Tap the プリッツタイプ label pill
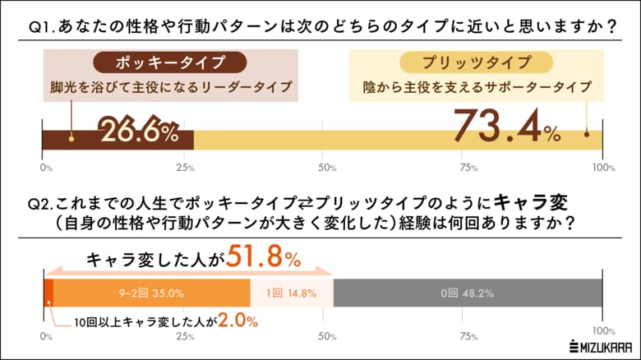pyautogui.click(x=464, y=62)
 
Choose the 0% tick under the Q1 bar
pyautogui.click(x=46, y=168)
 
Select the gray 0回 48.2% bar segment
pyautogui.click(x=468, y=292)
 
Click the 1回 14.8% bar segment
pyautogui.click(x=291, y=292)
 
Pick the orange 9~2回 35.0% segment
pyautogui.click(x=150, y=292)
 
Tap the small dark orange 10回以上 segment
pyautogui.click(x=48, y=292)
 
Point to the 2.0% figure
pyautogui.click(x=238, y=321)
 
